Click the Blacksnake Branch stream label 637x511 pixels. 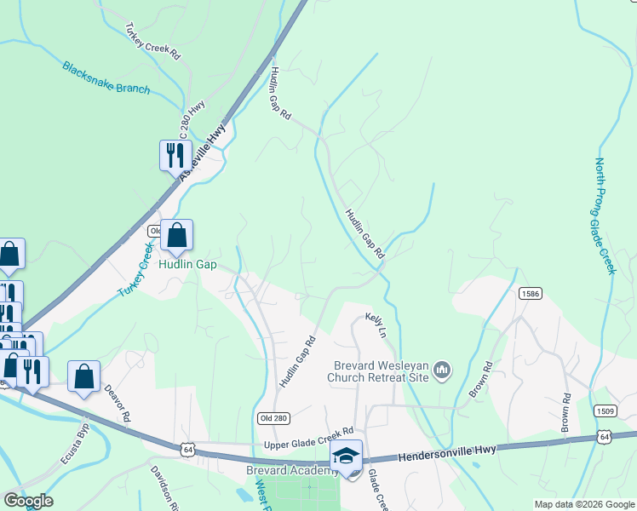pyautogui.click(x=106, y=78)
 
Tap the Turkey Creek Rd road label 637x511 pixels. pyautogui.click(x=152, y=40)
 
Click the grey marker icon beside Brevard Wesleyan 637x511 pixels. pyautogui.click(x=441, y=370)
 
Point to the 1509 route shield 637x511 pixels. pyautogui.click(x=605, y=411)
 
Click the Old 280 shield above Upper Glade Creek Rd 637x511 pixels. pyautogui.click(x=268, y=417)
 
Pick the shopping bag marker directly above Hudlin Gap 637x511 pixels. pyautogui.click(x=176, y=236)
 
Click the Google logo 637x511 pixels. pyautogui.click(x=27, y=501)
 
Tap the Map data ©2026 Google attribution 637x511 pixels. pyautogui.click(x=584, y=504)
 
